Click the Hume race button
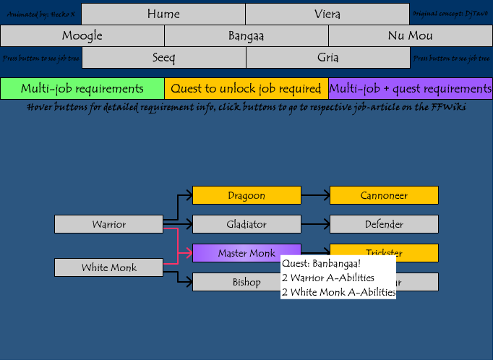coord(163,14)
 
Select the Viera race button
coord(327,14)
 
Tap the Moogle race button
coord(82,35)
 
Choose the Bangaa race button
coord(246,35)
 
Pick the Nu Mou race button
coord(410,35)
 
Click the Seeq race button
coord(163,58)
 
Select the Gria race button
coord(328,58)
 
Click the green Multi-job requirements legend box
coord(82,88)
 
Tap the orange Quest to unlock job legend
coord(246,88)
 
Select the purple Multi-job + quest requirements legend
coord(411,88)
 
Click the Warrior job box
coord(108,224)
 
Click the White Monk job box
coord(108,267)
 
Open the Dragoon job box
coord(246,195)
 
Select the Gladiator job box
coord(246,224)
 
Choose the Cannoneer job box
coord(384,195)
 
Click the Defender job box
coord(384,224)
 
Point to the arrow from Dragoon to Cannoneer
coord(315,195)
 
